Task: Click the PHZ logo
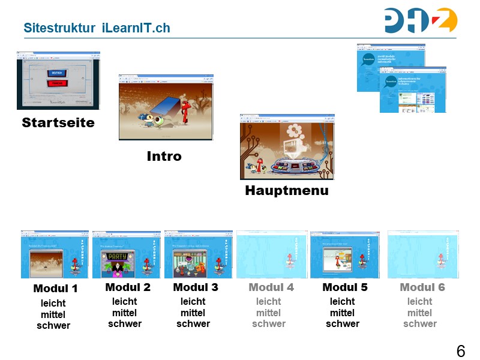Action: pos(421,20)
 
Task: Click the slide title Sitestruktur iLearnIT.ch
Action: pos(97,28)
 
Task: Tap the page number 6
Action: pos(460,352)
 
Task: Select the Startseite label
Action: pos(58,123)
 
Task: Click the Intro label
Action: pos(164,157)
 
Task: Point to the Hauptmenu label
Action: pos(287,191)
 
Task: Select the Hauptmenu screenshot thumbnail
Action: pos(287,147)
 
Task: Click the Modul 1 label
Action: pos(55,289)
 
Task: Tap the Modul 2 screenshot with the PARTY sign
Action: pos(127,254)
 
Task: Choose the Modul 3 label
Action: pos(196,287)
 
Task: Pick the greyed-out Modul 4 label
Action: pos(271,287)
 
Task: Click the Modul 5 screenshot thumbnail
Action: pos(344,254)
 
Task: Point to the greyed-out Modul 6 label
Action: pos(422,287)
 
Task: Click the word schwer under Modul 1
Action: pos(53,326)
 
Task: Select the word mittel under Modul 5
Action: pos(342,313)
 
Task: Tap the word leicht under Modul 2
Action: pos(125,302)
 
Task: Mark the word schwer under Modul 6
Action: pos(420,324)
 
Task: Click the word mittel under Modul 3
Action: pos(193,313)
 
